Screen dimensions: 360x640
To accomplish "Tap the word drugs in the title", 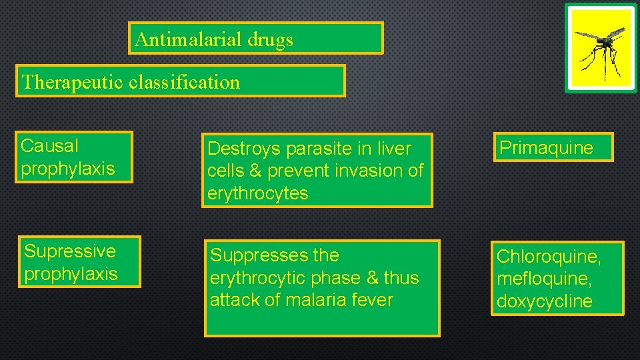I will click(270, 40).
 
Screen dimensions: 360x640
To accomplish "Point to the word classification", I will click(185, 82).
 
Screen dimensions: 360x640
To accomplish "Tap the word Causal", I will click(50, 145).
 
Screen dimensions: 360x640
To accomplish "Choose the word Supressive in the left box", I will click(70, 251).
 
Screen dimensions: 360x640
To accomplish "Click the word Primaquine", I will click(546, 147).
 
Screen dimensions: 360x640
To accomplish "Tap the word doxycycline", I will click(544, 301).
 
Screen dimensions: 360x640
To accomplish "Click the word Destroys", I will click(240, 148).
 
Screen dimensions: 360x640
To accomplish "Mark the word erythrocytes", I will click(257, 193).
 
